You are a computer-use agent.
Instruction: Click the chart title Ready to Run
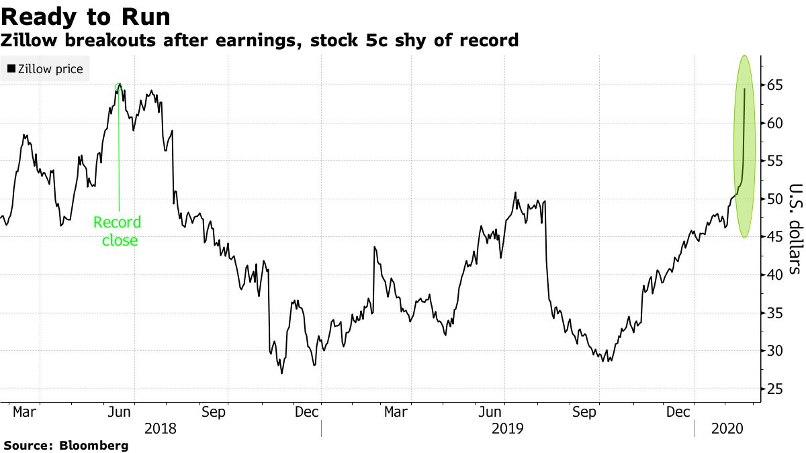point(85,15)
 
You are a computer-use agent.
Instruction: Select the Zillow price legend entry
point(45,68)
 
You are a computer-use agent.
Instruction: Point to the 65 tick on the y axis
point(775,85)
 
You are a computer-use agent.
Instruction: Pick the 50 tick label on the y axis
point(775,199)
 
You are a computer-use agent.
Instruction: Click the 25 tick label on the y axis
point(775,389)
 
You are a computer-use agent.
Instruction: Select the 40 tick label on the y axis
point(775,274)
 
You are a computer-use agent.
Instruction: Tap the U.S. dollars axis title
point(795,228)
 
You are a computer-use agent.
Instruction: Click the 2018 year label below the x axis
point(160,427)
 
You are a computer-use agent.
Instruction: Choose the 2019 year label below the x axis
point(507,427)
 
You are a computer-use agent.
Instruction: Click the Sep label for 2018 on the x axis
point(213,411)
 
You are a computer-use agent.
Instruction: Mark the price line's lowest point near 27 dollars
point(281,372)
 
